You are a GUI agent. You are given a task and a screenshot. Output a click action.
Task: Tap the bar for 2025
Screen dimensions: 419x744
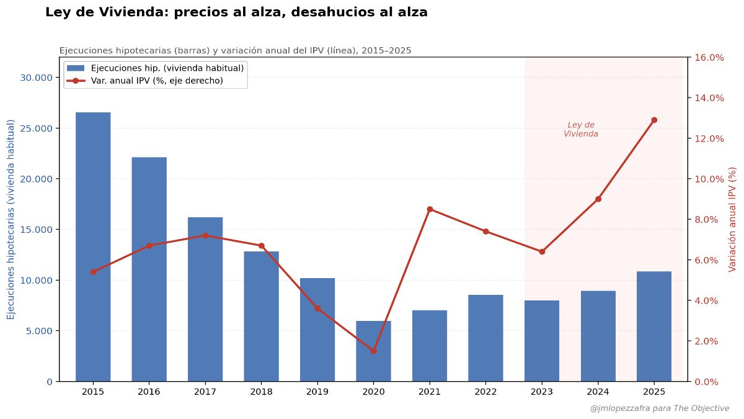[654, 327]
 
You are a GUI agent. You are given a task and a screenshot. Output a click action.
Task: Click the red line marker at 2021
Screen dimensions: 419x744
[430, 209]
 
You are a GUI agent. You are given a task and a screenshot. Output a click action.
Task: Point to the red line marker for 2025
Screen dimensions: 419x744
[654, 120]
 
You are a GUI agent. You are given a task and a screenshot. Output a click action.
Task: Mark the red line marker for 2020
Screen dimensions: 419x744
[373, 351]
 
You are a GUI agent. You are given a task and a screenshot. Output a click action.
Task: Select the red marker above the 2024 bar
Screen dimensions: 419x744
[598, 199]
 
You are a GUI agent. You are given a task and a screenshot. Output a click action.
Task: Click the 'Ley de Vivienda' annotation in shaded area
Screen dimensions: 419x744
[581, 129]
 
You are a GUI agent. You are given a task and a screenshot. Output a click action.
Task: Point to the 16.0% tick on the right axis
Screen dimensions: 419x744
[709, 57]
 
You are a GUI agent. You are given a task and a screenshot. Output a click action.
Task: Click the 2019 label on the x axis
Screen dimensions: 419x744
[317, 392]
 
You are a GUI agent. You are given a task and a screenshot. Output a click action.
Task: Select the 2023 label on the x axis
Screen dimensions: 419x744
[542, 392]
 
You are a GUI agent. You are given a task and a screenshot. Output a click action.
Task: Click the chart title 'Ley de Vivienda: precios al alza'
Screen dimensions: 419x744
[236, 12]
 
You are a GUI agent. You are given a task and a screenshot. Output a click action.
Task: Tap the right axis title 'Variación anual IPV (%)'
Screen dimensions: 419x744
[732, 219]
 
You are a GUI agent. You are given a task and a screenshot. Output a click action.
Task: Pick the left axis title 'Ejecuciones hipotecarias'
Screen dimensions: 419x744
[11, 219]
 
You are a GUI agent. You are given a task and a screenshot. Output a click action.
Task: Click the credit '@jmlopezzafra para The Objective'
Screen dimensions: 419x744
[660, 408]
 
